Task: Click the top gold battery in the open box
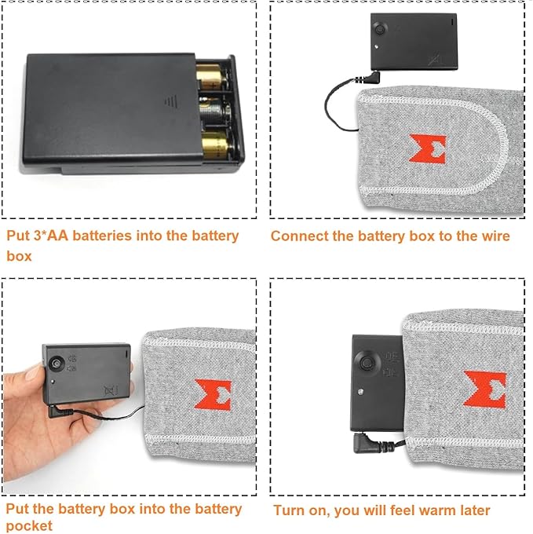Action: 211,77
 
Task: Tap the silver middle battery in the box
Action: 215,110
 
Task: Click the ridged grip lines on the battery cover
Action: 171,101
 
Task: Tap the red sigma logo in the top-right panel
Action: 428,148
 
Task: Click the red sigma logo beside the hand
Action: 213,394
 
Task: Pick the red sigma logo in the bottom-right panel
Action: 485,389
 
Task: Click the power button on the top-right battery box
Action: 379,29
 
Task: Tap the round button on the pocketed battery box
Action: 367,363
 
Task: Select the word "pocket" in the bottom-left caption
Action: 29,526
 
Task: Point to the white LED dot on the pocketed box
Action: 361,392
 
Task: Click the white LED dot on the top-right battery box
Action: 377,46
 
